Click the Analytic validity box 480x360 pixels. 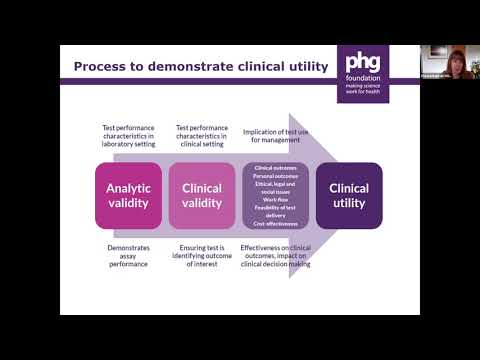coord(128,196)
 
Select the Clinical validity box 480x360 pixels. coord(202,196)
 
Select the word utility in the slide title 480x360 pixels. coord(301,67)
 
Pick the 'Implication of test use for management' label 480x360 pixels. coord(277,135)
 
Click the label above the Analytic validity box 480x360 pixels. coord(128,135)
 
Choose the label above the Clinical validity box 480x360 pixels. coord(202,135)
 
